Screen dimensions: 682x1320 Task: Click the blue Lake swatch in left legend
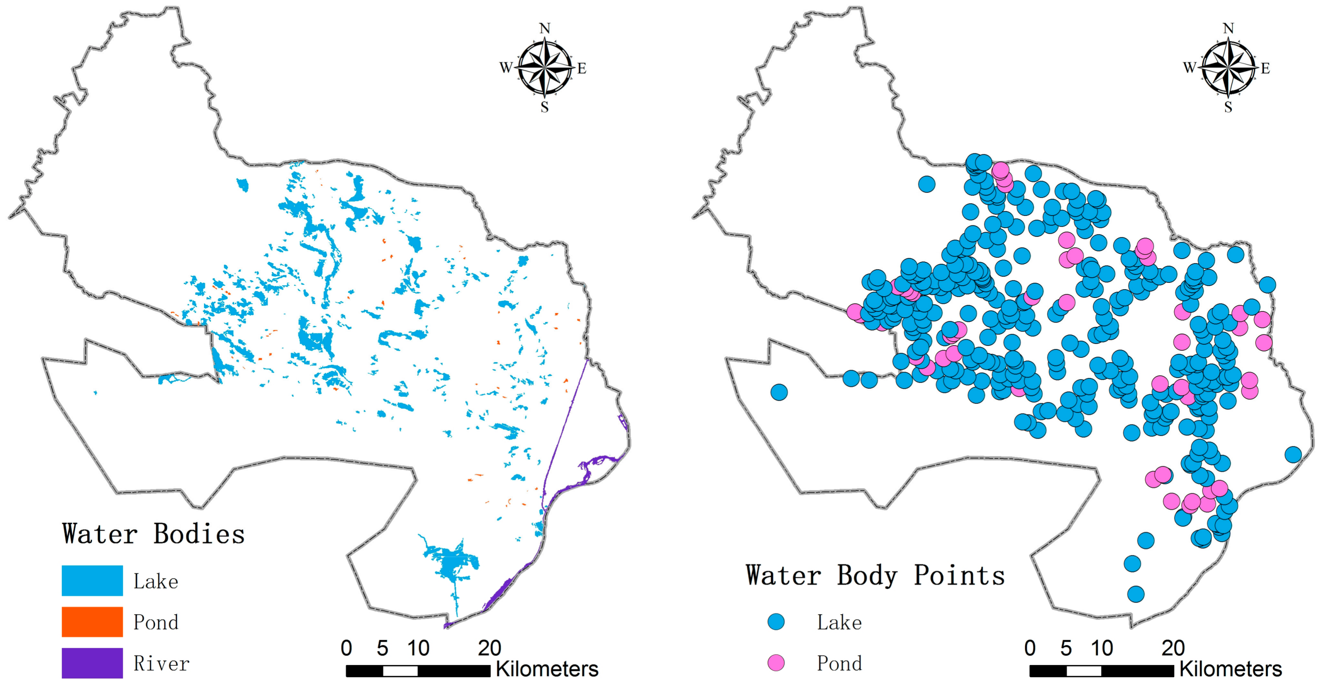click(x=92, y=580)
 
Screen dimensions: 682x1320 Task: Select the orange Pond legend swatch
click(x=92, y=622)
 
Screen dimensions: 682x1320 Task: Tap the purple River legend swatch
click(x=92, y=663)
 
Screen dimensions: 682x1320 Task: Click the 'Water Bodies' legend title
click(x=153, y=534)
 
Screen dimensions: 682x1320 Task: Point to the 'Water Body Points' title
click(x=875, y=576)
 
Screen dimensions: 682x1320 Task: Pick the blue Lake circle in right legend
click(x=776, y=622)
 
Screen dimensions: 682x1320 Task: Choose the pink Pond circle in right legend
click(x=776, y=663)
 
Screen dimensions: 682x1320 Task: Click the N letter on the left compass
click(x=545, y=29)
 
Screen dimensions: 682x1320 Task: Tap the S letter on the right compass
click(x=1228, y=108)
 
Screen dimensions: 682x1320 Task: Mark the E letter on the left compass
click(x=582, y=69)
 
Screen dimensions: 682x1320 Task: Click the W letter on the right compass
click(x=1189, y=67)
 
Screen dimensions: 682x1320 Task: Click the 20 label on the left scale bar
click(x=489, y=648)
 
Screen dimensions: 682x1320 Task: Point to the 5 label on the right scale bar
click(x=1066, y=648)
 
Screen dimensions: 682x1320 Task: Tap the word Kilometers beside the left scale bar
click(x=547, y=669)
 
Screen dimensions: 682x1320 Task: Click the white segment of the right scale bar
click(x=1084, y=671)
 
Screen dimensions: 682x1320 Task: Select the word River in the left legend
click(x=161, y=664)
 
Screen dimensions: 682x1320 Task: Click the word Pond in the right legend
click(x=839, y=664)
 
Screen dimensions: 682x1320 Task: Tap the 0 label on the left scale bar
click(x=346, y=648)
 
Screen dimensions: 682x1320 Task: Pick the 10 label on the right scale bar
click(x=1102, y=648)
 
